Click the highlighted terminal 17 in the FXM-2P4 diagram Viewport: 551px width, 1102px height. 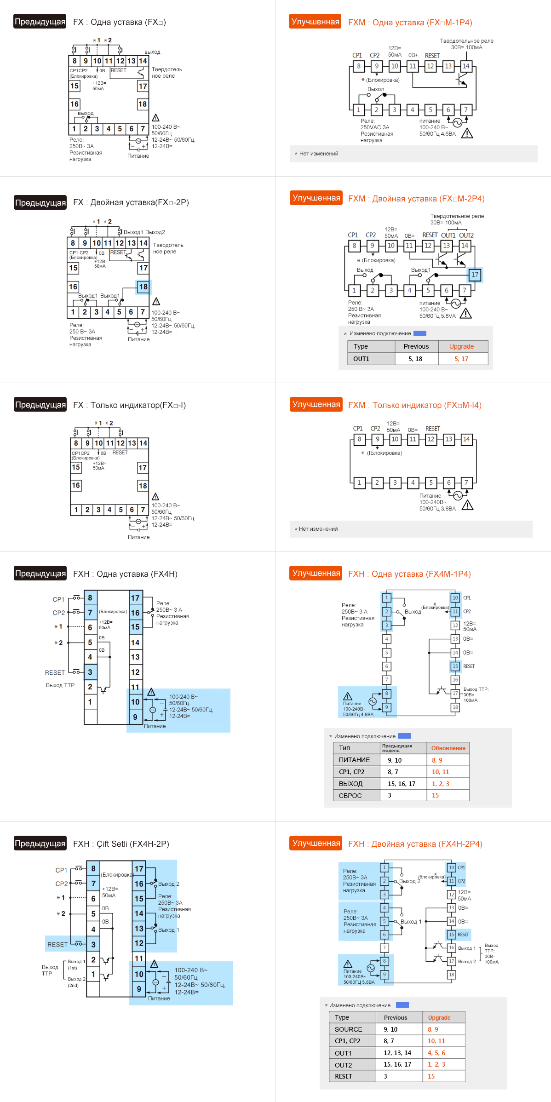pos(475,275)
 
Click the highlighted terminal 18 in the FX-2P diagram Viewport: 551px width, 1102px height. pos(143,287)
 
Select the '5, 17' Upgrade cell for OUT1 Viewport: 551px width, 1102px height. pos(461,359)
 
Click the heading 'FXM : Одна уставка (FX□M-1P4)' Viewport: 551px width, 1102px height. pos(410,23)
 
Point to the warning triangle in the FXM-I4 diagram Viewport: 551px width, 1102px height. pos(467,505)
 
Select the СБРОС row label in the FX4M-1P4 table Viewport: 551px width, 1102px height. pos(350,796)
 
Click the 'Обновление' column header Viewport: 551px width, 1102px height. pos(448,748)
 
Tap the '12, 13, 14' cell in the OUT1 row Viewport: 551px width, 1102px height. pos(397,1053)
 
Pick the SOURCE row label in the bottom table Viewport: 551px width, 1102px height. pos(348,1029)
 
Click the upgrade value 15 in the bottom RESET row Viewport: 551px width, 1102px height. pos(431,1076)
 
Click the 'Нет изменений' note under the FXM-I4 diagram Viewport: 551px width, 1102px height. pos(318,529)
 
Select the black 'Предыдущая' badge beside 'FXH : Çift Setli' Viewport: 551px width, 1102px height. pos(40,843)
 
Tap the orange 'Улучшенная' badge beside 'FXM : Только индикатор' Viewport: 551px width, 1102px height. pos(316,404)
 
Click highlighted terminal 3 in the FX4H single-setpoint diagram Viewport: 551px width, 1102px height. pos(90,672)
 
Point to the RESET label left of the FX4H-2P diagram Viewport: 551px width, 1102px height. pos(57,944)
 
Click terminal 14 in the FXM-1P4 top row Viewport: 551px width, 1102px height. pos(466,66)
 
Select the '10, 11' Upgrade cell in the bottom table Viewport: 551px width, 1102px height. pos(436,1041)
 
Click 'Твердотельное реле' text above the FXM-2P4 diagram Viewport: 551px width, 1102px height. pos(457,216)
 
